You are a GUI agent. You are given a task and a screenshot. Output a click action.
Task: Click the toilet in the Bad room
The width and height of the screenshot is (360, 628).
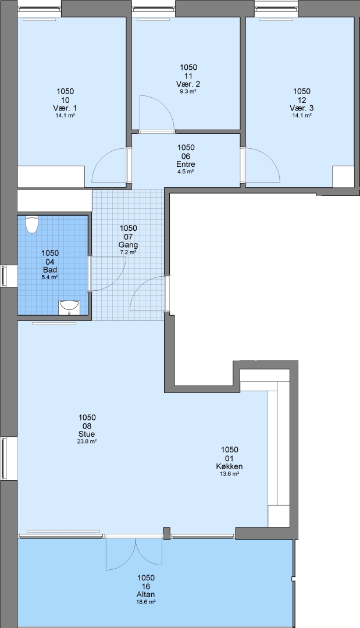pyautogui.click(x=31, y=224)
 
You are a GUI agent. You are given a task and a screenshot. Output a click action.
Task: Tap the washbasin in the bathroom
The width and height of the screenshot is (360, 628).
pyautogui.click(x=70, y=308)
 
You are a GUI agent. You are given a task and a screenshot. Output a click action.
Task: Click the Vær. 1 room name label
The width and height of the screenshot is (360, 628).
pyautogui.click(x=65, y=108)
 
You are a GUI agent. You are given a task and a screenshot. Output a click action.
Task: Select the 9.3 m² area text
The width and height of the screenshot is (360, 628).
pyautogui.click(x=188, y=91)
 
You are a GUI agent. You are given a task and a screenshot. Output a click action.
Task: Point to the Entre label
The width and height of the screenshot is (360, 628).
pyautogui.click(x=186, y=165)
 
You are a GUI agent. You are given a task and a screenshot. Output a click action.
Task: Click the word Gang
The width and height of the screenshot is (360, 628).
pyautogui.click(x=128, y=245)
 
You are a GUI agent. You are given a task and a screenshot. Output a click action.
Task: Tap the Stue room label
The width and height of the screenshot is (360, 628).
pyautogui.click(x=87, y=434)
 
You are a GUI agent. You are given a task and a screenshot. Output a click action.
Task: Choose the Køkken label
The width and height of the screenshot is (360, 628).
pyautogui.click(x=230, y=466)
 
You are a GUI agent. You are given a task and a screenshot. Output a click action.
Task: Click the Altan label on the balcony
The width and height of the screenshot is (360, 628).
pyautogui.click(x=146, y=594)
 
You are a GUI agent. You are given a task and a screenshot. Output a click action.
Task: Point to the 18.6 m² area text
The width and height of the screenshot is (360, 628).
pyautogui.click(x=146, y=602)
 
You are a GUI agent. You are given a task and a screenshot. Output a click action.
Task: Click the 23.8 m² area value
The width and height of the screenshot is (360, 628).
pyautogui.click(x=87, y=441)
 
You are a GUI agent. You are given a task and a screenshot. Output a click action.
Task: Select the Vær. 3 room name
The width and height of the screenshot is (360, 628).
pyautogui.click(x=302, y=108)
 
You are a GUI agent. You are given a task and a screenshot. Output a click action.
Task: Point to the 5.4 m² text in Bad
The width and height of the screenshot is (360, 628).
pyautogui.click(x=50, y=277)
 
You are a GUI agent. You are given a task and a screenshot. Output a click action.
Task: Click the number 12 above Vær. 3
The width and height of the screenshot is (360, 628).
pyautogui.click(x=302, y=100)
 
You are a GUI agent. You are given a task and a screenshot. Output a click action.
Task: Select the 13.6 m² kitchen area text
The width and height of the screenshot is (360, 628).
pyautogui.click(x=230, y=473)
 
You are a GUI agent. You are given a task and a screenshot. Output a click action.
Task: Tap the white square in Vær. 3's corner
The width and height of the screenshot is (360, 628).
pyautogui.click(x=343, y=176)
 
